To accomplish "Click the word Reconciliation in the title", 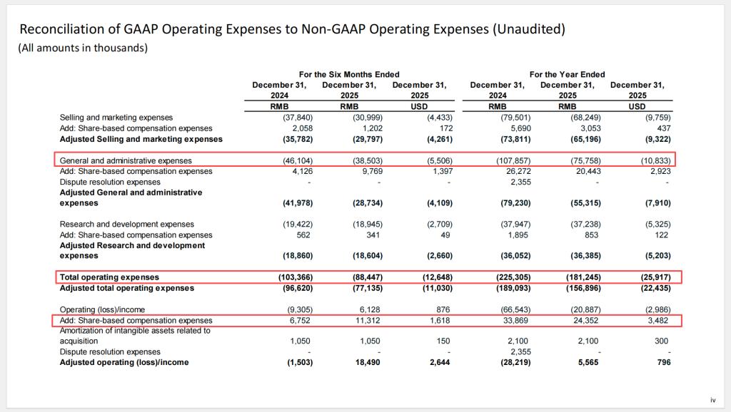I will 61,29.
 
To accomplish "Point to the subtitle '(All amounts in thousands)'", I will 83,48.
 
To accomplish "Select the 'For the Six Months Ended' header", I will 349,74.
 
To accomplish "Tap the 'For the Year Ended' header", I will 567,74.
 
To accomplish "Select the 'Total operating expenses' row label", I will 109,277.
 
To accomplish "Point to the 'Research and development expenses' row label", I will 126,225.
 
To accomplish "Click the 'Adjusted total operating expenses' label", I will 126,288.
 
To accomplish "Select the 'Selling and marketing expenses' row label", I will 116,118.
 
